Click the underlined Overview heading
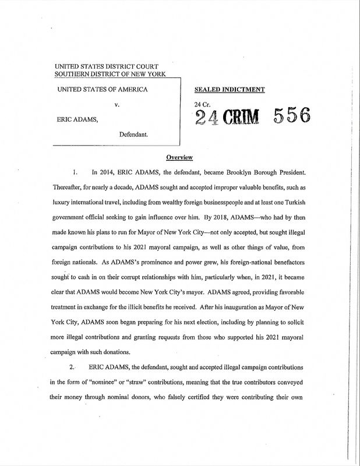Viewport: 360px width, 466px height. (x=180, y=157)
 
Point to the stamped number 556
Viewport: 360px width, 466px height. (x=289, y=116)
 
